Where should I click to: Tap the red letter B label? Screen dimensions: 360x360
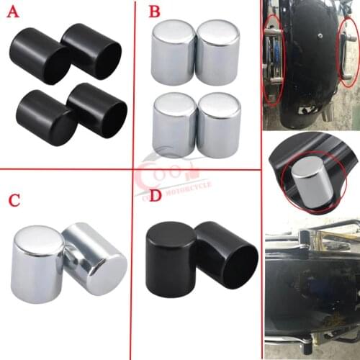[153, 13]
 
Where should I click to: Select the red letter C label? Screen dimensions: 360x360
[15, 199]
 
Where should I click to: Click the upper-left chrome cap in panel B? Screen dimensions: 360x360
[174, 53]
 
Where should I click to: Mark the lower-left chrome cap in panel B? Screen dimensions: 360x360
[175, 125]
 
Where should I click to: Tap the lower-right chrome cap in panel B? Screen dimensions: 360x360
[219, 125]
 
